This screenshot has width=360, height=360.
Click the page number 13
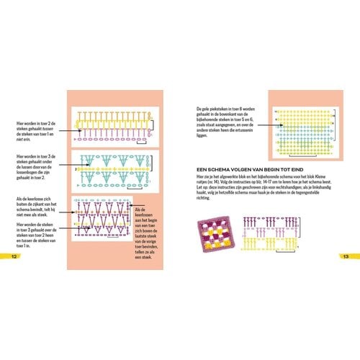[346, 257]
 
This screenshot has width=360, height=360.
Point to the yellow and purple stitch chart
[114, 124]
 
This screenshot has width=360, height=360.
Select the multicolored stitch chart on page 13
[303, 127]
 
